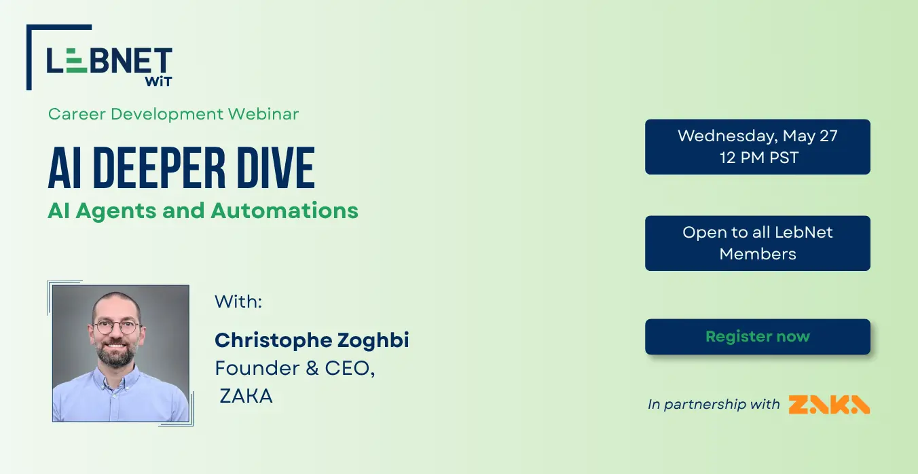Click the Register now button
tap(757, 337)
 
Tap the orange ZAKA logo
tap(829, 405)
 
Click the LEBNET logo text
tap(109, 60)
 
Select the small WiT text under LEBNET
tap(158, 81)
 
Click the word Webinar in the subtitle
tap(263, 114)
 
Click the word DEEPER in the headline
tap(160, 168)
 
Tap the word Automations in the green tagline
tap(284, 211)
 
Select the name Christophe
tap(273, 341)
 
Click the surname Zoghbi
tap(373, 341)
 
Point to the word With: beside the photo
tap(238, 302)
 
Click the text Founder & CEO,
tap(295, 368)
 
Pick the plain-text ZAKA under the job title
tap(246, 396)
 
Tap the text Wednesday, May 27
tap(757, 136)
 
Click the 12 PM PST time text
tap(759, 158)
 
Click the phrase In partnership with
tap(714, 404)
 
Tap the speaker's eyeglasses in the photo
tap(116, 327)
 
